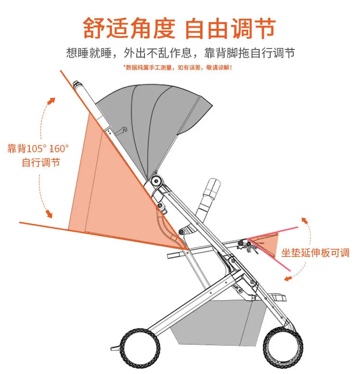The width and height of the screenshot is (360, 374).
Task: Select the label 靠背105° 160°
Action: (x=38, y=148)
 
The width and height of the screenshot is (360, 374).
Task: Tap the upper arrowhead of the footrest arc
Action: (x=303, y=220)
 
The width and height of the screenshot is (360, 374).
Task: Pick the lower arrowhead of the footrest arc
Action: (x=287, y=277)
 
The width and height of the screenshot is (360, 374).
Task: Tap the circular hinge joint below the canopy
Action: (x=156, y=181)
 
